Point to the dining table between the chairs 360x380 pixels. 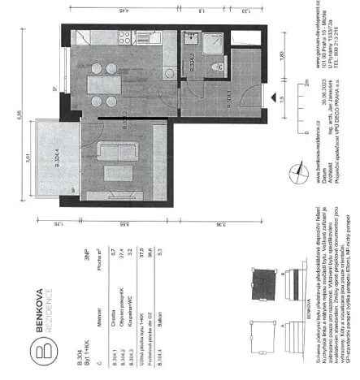104,77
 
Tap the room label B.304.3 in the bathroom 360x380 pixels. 192,67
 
